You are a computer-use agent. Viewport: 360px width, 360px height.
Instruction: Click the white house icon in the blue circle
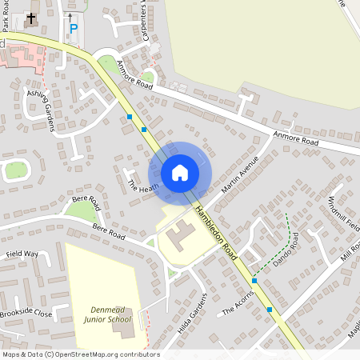click(x=180, y=172)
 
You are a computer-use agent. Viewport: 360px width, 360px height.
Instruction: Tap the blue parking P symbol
click(x=74, y=29)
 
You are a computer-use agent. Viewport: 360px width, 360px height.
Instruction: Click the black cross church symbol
click(x=31, y=18)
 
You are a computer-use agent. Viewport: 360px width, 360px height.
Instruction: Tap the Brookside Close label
click(x=26, y=314)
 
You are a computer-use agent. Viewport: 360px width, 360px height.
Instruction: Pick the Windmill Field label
click(x=343, y=214)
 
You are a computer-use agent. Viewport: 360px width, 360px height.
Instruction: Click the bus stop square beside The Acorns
click(x=254, y=280)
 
